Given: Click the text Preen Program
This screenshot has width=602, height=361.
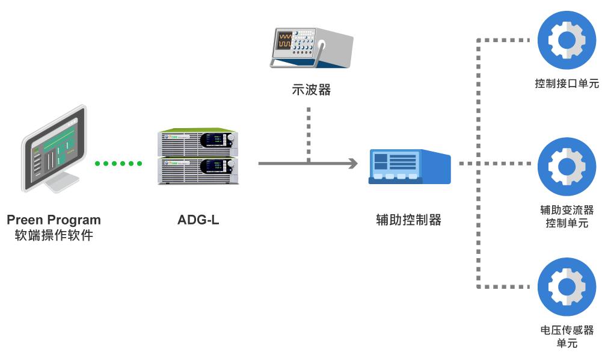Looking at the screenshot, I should click(x=54, y=220).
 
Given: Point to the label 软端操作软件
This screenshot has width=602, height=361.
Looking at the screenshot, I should click(x=54, y=235).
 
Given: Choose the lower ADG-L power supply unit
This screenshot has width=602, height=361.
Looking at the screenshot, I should click(x=198, y=171).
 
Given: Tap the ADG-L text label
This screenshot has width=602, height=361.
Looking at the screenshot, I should click(x=198, y=220).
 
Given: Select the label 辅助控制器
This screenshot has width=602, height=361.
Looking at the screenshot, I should click(x=409, y=220).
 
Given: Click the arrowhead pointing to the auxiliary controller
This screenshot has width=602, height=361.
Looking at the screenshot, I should click(x=352, y=163).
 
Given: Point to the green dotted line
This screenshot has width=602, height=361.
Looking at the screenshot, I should click(x=118, y=163).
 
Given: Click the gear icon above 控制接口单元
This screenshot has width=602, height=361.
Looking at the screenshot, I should click(x=567, y=40).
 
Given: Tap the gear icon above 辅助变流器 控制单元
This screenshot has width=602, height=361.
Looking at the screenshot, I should click(x=567, y=167).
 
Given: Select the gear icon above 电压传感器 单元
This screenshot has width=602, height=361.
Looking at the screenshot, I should click(x=567, y=286).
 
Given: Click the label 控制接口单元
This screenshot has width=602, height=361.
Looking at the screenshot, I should click(x=567, y=84).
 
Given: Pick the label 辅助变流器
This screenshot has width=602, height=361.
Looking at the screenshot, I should click(x=567, y=210).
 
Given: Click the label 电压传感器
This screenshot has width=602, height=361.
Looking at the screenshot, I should click(x=567, y=330).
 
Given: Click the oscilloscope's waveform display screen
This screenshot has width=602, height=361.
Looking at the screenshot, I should click(x=284, y=41).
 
